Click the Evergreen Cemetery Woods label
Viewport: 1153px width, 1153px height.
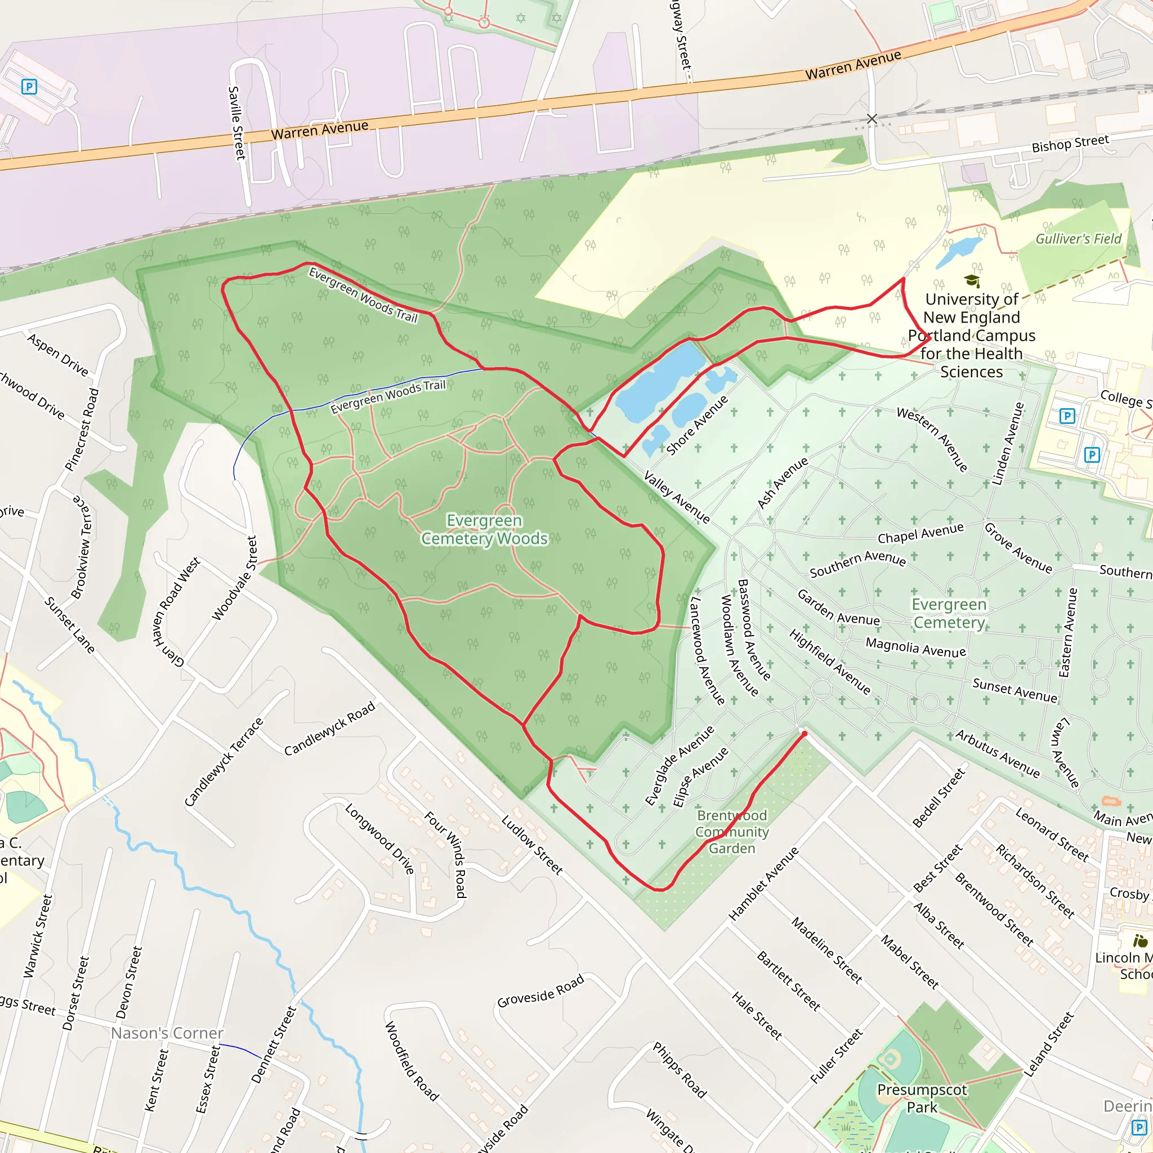point(484,529)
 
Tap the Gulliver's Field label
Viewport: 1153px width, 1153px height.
point(1078,239)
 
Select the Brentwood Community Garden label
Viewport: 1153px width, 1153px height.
point(732,832)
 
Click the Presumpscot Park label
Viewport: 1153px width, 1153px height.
point(922,1098)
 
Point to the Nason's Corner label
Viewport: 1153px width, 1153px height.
point(167,1033)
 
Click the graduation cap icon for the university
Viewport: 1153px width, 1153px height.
point(972,280)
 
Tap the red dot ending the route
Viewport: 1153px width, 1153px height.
point(805,734)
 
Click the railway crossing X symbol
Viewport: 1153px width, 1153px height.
point(872,119)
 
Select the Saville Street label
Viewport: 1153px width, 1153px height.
point(237,122)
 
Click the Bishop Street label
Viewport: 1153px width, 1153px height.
point(1070,143)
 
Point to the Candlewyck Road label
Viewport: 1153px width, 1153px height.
point(329,728)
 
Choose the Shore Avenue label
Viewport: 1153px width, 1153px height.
point(697,425)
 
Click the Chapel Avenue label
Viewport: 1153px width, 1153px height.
point(920,533)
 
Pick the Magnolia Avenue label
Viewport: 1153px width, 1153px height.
point(915,647)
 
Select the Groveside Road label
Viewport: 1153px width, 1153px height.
point(540,991)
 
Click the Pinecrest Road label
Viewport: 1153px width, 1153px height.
point(82,430)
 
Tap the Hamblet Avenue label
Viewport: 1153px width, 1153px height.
point(763,883)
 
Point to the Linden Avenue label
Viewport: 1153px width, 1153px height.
point(1008,443)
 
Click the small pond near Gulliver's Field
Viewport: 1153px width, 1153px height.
point(958,252)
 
